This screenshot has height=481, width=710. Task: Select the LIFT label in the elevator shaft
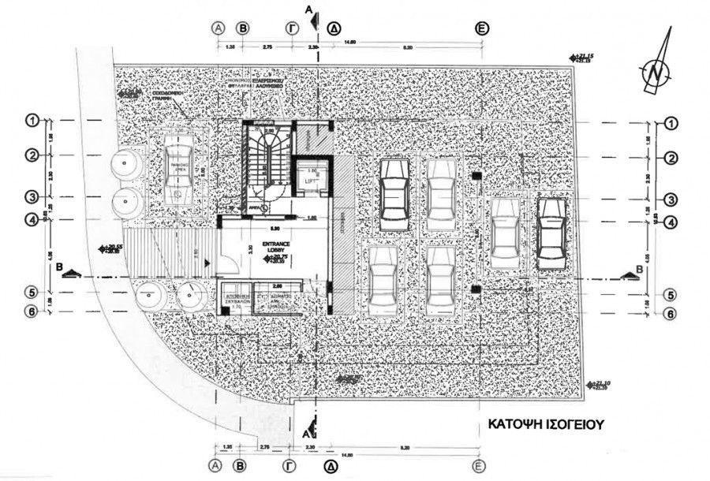pyautogui.click(x=311, y=181)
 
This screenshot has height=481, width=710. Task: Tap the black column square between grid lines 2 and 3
pyautogui.click(x=476, y=176)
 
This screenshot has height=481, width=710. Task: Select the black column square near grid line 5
pyautogui.click(x=476, y=290)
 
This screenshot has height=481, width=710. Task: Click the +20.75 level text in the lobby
pyautogui.click(x=279, y=258)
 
